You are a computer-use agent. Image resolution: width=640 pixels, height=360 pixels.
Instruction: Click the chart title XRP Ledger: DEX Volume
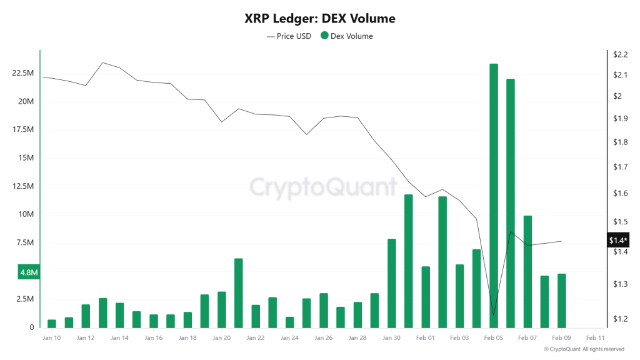point(319,19)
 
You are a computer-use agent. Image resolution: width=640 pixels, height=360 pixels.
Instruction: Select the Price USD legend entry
point(289,36)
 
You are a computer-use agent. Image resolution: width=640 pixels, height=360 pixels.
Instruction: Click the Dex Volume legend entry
point(346,36)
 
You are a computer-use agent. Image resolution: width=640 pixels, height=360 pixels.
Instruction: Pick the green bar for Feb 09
point(561,300)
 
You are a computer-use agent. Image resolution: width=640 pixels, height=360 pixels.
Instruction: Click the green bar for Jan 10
point(52,323)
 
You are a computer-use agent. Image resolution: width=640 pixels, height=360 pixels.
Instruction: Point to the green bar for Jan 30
point(392,282)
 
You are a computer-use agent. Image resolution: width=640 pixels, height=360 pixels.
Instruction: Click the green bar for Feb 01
point(426,296)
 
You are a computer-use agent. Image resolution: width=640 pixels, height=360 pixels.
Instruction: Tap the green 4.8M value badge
point(29,273)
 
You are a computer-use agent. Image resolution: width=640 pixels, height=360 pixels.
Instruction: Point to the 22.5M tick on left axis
point(23,73)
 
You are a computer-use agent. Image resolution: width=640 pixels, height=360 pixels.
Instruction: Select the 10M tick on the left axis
point(27,214)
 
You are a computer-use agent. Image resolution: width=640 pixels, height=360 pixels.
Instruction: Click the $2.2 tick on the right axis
point(620,55)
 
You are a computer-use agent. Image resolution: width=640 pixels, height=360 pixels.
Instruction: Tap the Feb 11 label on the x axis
point(595,337)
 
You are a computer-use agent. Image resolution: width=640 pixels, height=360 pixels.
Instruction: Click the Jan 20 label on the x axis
point(221,337)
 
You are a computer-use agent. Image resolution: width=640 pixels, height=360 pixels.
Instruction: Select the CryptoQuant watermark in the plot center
point(323,187)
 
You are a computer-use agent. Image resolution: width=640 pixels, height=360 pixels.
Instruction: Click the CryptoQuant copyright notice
point(584,349)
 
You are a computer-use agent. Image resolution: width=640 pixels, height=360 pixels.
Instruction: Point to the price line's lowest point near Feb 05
point(494,316)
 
